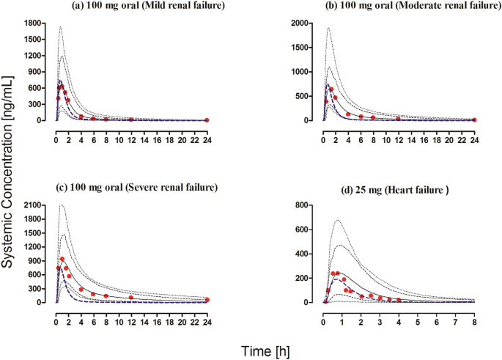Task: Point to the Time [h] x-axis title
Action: pyautogui.click(x=262, y=350)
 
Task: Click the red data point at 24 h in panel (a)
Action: pyautogui.click(x=207, y=120)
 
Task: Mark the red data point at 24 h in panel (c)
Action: pyautogui.click(x=207, y=300)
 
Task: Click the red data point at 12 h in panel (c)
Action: pyautogui.click(x=131, y=298)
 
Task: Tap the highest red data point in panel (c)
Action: pyautogui.click(x=62, y=259)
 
